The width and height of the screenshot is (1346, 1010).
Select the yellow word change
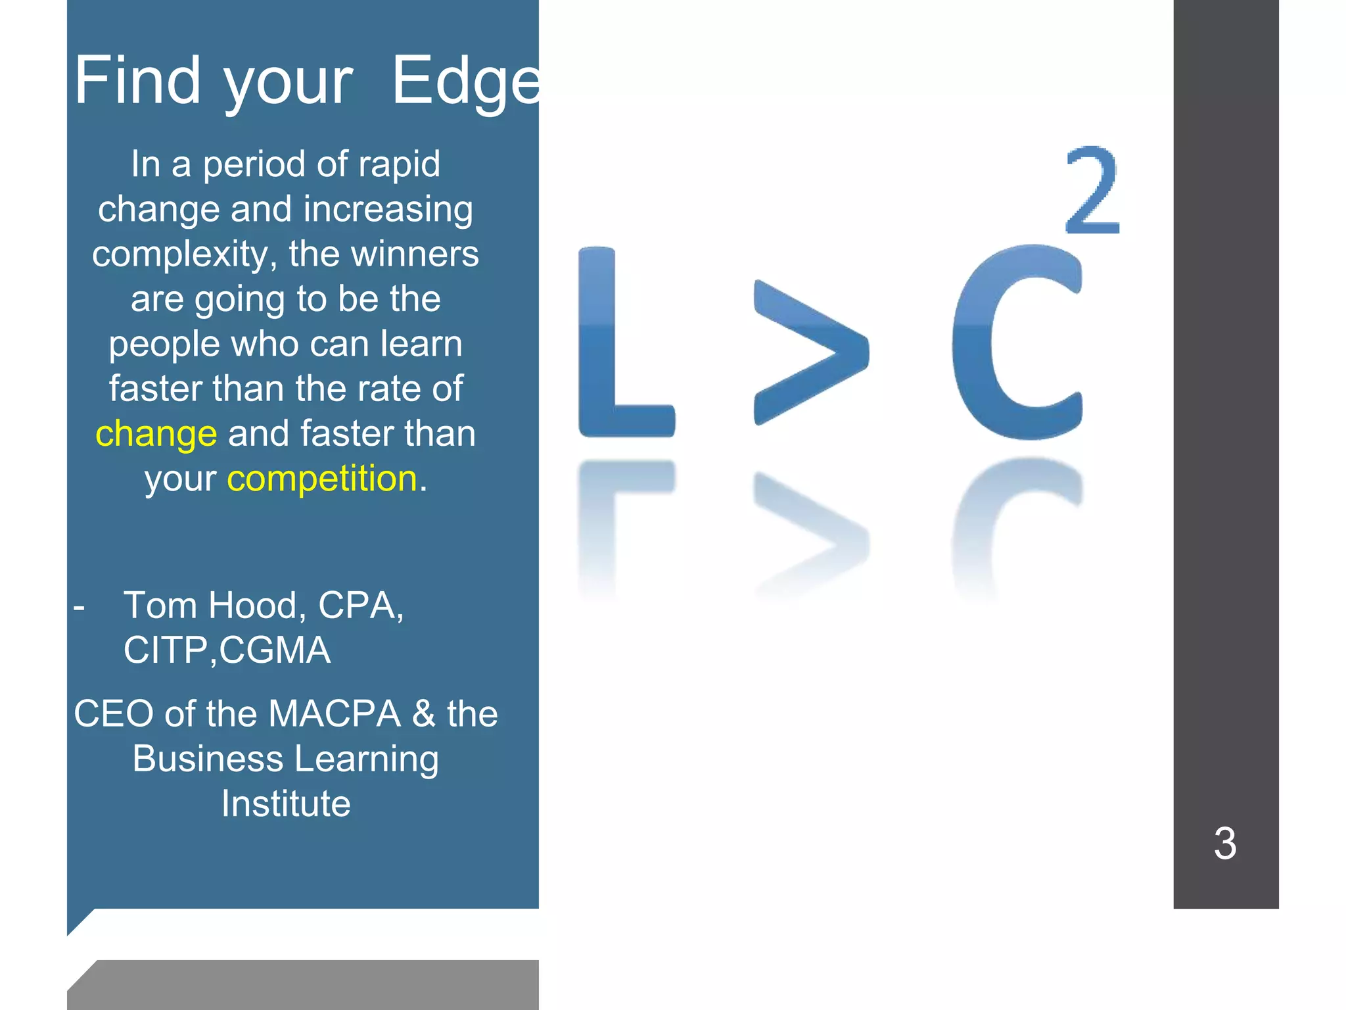click(x=156, y=434)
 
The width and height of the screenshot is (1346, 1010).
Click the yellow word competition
click(x=322, y=479)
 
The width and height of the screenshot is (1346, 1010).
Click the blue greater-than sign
click(x=811, y=352)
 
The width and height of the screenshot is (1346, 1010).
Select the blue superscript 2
click(x=1092, y=191)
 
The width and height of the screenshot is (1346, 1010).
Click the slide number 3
click(x=1225, y=843)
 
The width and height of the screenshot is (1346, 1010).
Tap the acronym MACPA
click(x=335, y=714)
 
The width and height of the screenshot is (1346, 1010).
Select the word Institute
click(x=286, y=804)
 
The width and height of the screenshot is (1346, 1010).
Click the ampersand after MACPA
click(x=424, y=714)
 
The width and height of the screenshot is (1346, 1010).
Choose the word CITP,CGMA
click(x=227, y=650)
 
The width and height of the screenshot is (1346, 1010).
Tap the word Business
click(x=208, y=759)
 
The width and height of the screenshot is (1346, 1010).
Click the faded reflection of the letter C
click(x=1012, y=519)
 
